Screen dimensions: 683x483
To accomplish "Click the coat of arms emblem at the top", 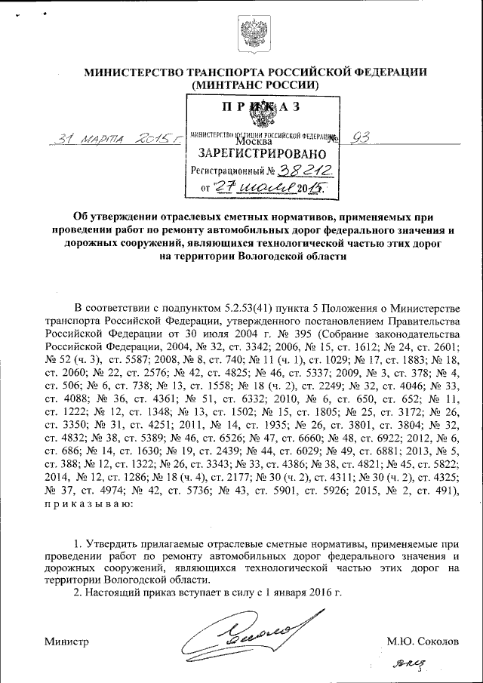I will point(251,34).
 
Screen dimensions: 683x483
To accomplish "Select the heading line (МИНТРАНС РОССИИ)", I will point(255,86).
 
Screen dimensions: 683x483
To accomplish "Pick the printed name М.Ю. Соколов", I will point(422,641).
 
